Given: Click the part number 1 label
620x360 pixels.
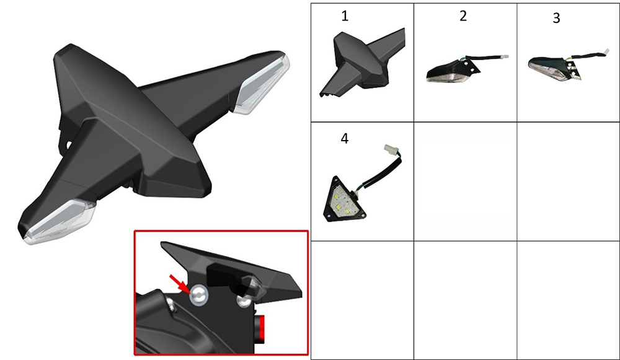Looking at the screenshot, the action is (345, 16).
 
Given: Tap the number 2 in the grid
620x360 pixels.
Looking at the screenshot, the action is (463, 16).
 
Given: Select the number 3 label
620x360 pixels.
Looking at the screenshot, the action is (556, 18).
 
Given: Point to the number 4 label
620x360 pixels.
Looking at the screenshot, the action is (344, 138).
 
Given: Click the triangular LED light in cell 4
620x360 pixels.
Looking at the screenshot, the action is (343, 200).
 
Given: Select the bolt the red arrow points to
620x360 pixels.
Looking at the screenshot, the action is (198, 295).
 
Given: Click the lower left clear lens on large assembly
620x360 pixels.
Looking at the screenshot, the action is (60, 221).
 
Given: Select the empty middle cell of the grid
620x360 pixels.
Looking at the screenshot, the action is (465, 182).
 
